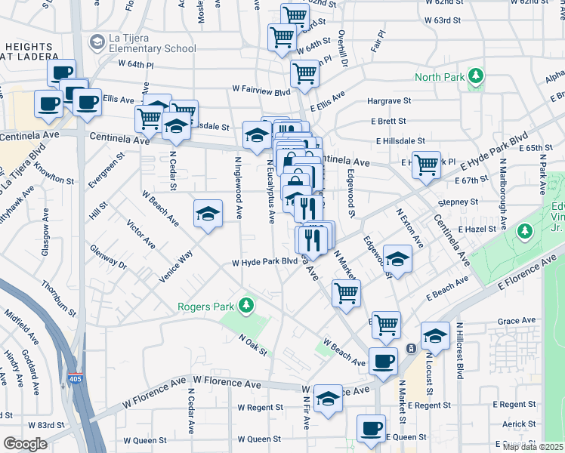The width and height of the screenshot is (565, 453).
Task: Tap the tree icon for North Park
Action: click(x=476, y=76)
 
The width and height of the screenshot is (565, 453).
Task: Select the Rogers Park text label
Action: click(x=205, y=306)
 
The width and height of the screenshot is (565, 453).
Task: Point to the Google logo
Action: click(x=25, y=444)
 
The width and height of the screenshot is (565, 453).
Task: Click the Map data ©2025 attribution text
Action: click(x=533, y=447)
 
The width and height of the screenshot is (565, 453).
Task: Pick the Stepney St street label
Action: click(x=462, y=202)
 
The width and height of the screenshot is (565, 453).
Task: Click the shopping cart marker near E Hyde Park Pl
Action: click(x=426, y=165)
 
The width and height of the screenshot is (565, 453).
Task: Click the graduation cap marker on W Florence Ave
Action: click(x=328, y=399)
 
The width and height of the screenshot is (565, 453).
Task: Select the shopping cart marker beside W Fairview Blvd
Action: click(x=304, y=74)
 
